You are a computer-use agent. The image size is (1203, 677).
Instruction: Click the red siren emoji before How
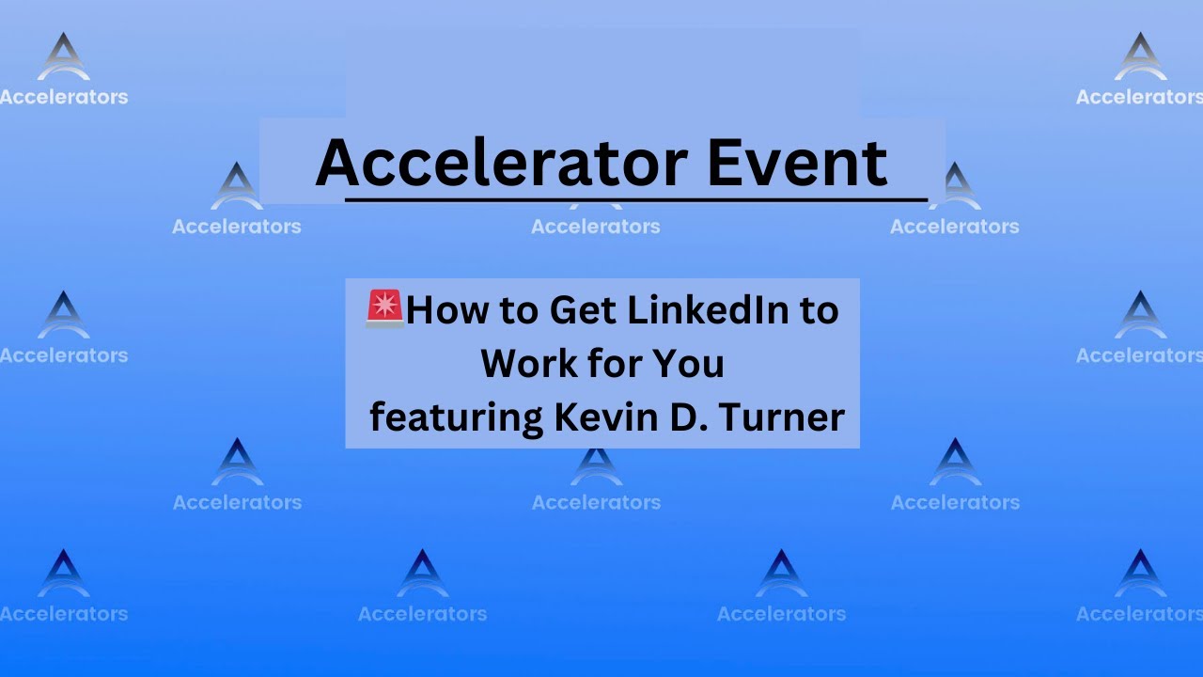pyautogui.click(x=385, y=308)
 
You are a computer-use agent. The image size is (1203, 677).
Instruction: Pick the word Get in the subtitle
pyautogui.click(x=581, y=310)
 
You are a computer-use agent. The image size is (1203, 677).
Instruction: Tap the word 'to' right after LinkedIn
pyautogui.click(x=819, y=311)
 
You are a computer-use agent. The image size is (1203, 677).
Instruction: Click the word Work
pyautogui.click(x=523, y=363)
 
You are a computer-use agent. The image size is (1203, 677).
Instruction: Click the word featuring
pyautogui.click(x=457, y=417)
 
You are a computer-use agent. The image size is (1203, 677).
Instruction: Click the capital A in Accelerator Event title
pyautogui.click(x=338, y=164)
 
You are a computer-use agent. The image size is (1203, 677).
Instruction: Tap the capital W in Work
pyautogui.click(x=501, y=363)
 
